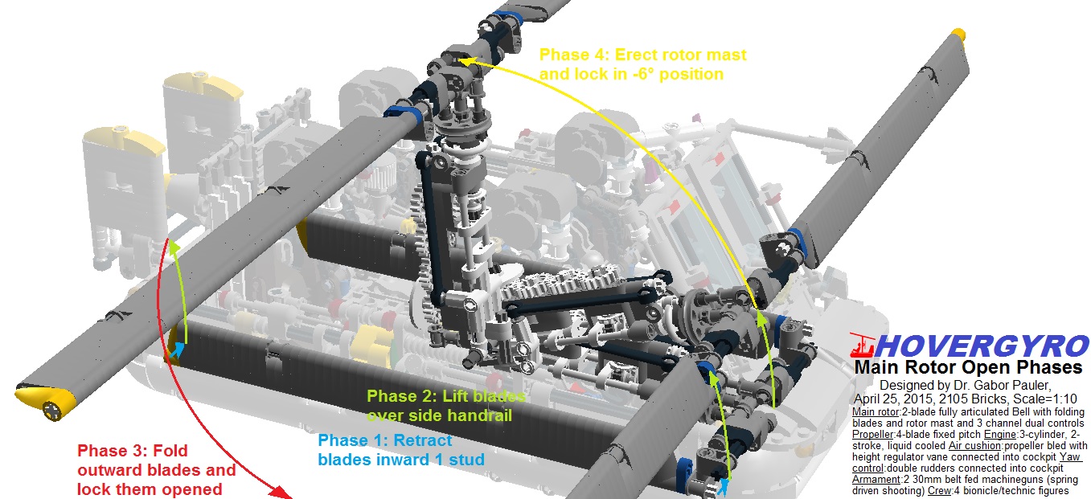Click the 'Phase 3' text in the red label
pos(107,452)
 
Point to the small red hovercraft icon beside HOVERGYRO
pos(861,345)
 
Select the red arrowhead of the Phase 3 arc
pos(279,490)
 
